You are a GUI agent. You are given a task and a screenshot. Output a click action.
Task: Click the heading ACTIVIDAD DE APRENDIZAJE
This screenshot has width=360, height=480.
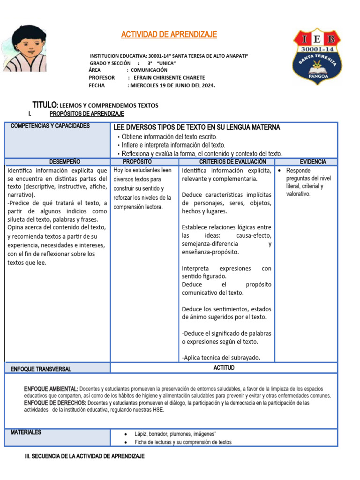(x=169, y=35)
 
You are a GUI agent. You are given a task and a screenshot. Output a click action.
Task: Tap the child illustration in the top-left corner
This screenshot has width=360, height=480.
(x=26, y=48)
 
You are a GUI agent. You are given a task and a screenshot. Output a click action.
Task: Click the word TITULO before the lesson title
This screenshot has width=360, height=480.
(x=45, y=105)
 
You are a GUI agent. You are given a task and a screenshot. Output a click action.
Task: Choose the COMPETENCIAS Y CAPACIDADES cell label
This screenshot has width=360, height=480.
(x=50, y=126)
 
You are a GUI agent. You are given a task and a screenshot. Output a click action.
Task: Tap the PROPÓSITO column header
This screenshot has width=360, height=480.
(x=144, y=162)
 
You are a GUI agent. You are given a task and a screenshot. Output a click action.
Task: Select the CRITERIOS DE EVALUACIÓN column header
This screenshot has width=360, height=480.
(x=226, y=162)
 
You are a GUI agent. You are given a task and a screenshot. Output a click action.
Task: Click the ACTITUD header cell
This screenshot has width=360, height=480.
(x=224, y=368)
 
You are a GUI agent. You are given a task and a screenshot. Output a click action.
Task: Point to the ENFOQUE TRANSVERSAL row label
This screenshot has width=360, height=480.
(x=41, y=369)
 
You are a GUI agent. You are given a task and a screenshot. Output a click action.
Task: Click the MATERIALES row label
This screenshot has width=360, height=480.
(x=26, y=432)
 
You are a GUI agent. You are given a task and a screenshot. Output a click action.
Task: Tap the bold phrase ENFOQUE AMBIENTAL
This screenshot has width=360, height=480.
(x=51, y=389)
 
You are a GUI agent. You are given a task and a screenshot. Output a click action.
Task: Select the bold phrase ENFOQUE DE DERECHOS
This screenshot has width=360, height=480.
(x=55, y=403)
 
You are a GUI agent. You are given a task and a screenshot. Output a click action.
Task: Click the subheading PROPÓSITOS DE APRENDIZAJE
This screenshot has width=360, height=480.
(x=87, y=114)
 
